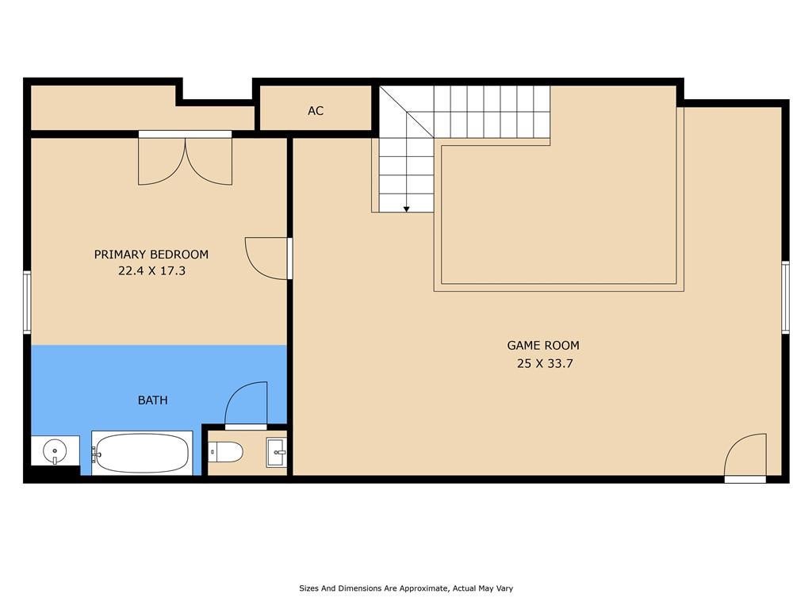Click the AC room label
point(316,110)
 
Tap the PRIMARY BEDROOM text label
point(151,255)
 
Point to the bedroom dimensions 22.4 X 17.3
point(151,271)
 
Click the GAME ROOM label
point(543,346)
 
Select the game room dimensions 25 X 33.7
point(545,363)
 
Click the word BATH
point(153,400)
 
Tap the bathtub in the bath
point(142,453)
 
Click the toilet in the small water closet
point(226,452)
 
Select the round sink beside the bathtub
point(55,450)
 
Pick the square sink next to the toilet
point(276,453)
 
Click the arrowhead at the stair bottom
point(407,209)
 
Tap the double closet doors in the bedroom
point(185,161)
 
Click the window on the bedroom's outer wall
point(27,302)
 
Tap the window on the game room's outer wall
point(785,297)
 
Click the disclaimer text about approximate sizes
point(406,588)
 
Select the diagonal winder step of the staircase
point(407,112)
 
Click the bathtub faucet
point(96,453)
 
